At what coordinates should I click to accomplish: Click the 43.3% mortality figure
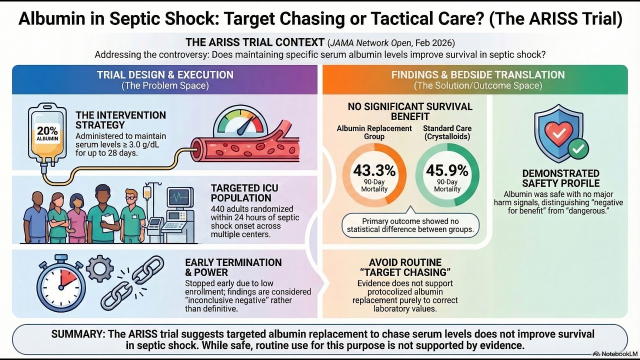click(x=374, y=170)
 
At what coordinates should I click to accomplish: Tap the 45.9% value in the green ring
click(x=447, y=170)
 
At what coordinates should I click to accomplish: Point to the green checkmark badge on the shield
click(x=579, y=148)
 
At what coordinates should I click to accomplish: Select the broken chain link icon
click(x=132, y=283)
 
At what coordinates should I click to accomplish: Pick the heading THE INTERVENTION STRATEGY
click(x=120, y=120)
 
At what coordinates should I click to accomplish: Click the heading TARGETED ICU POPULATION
click(x=244, y=193)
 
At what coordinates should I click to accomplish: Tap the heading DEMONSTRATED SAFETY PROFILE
click(x=560, y=178)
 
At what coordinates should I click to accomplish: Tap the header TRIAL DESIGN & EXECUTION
click(x=165, y=75)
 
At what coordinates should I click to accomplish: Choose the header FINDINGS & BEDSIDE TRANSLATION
click(x=477, y=75)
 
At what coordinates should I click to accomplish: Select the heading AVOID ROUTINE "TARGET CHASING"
click(x=405, y=267)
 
